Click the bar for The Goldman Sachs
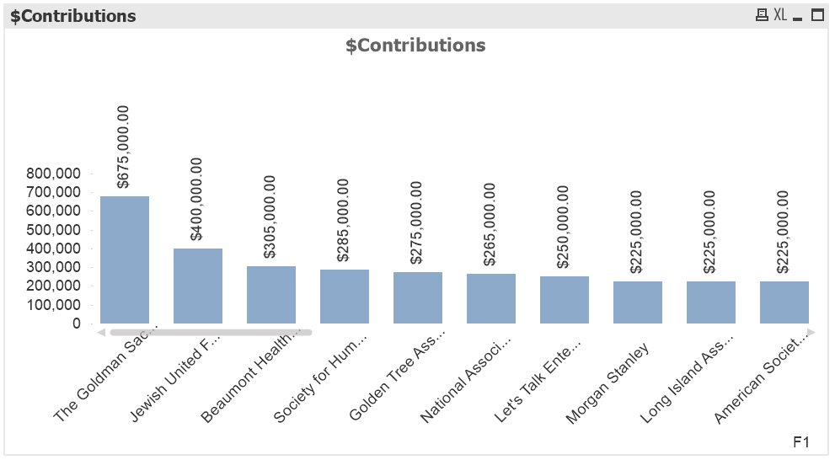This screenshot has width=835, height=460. (x=125, y=259)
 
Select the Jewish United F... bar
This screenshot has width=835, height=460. (x=198, y=286)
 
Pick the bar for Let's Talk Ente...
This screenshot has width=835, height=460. (x=565, y=299)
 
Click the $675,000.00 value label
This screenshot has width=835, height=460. (x=124, y=147)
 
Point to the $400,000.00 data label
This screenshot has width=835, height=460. (x=197, y=199)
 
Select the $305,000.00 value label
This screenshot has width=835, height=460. (x=270, y=217)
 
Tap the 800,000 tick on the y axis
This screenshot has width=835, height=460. (x=54, y=174)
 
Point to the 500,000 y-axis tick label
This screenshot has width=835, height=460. (x=54, y=230)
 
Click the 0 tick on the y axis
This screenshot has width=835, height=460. (x=77, y=324)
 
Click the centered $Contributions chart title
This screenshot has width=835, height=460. (x=415, y=45)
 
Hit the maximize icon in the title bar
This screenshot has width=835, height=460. (x=816, y=15)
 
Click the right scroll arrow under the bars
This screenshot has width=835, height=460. (x=811, y=333)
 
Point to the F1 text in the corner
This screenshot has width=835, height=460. (x=801, y=442)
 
